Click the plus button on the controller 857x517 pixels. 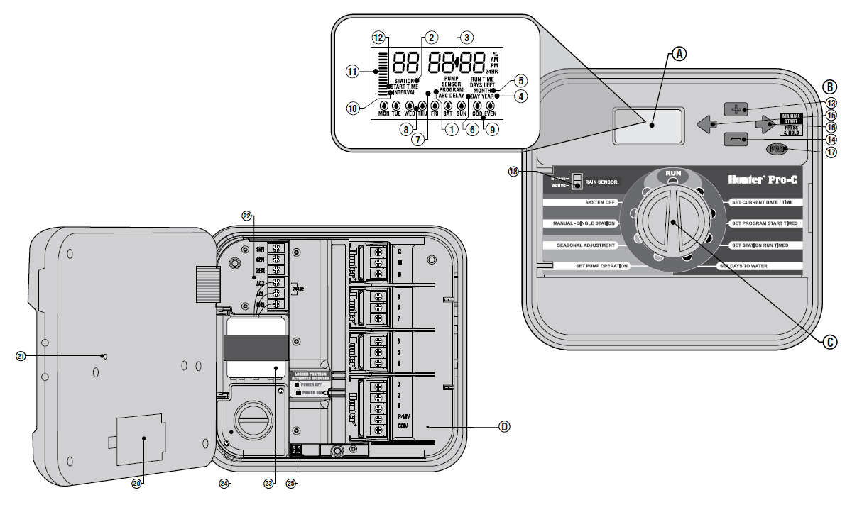[x=736, y=109]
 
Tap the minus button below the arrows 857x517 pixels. [x=736, y=140]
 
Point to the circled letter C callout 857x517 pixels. [x=829, y=340]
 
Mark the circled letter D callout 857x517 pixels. [x=504, y=426]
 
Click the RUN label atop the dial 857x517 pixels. [x=672, y=172]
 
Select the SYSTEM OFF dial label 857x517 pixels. [x=600, y=202]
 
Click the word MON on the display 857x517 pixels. [x=384, y=113]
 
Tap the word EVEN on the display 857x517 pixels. [x=491, y=113]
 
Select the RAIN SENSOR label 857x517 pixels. [x=601, y=182]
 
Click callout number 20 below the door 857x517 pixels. [x=137, y=483]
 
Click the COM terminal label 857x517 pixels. [x=402, y=426]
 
